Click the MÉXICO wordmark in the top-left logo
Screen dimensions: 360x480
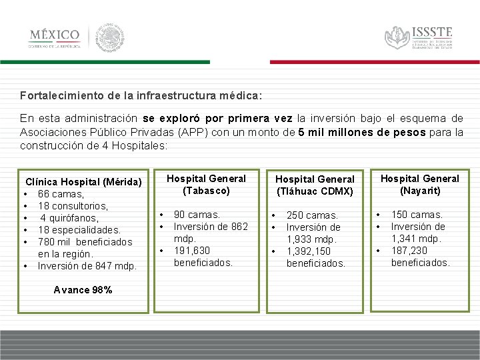(55, 35)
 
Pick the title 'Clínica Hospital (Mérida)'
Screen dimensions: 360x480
(83, 182)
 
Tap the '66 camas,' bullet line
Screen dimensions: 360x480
(61, 194)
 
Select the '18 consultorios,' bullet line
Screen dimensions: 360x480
(73, 206)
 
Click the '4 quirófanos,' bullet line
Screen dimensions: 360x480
(69, 218)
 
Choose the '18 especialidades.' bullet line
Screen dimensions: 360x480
(79, 230)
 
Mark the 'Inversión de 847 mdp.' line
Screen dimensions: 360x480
(87, 266)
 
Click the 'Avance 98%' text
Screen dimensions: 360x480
(82, 290)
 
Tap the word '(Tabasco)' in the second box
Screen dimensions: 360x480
(206, 191)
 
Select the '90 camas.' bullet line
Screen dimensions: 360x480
(197, 215)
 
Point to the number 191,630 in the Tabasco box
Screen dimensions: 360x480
(192, 251)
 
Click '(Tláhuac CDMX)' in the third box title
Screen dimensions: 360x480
(315, 191)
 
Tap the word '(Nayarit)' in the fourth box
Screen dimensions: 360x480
(419, 191)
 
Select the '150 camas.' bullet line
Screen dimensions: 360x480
(417, 215)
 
